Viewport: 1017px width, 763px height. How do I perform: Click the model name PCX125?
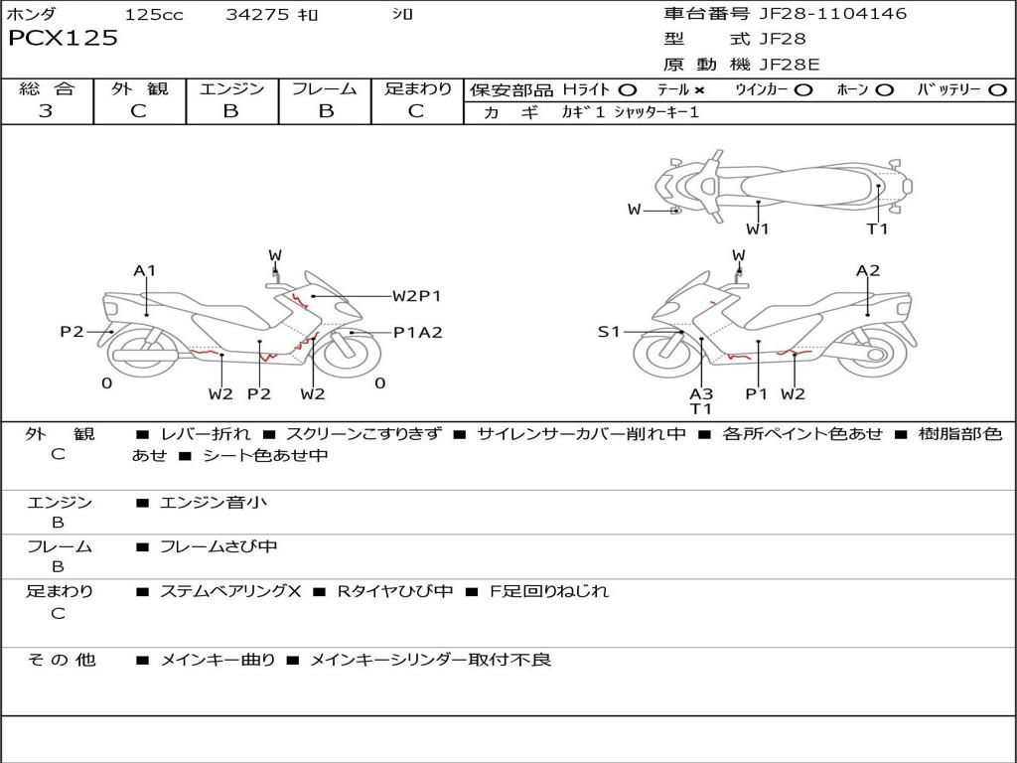(x=64, y=39)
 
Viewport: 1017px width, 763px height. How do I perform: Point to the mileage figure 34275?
(x=257, y=14)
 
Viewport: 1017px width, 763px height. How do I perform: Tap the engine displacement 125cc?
(x=154, y=14)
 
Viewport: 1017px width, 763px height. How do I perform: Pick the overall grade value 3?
(x=46, y=111)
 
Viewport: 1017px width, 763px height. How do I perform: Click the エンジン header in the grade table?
(x=231, y=88)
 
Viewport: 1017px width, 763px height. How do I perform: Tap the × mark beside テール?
(x=699, y=89)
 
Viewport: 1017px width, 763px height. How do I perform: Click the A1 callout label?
(x=145, y=270)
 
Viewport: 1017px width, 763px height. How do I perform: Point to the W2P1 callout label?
(x=416, y=295)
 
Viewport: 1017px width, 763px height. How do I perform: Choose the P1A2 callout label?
(x=417, y=333)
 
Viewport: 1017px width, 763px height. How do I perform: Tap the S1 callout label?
(x=609, y=332)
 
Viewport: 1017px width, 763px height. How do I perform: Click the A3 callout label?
(x=701, y=393)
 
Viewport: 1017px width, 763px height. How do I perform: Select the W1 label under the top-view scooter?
(x=758, y=229)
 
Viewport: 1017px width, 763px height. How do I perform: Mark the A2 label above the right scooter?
(x=868, y=270)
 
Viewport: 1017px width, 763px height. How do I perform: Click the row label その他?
(x=61, y=660)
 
